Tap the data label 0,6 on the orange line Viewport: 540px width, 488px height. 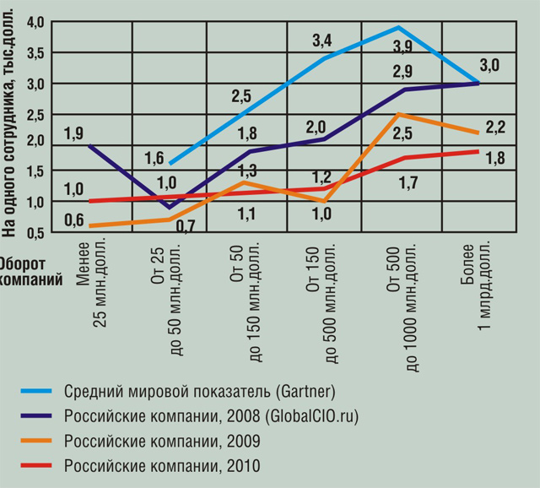[x=74, y=220]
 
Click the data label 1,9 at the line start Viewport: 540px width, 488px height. [x=74, y=133]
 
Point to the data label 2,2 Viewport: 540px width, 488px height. [x=495, y=127]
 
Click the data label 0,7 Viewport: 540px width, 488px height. [x=186, y=225]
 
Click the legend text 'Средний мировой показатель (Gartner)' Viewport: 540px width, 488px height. [x=199, y=391]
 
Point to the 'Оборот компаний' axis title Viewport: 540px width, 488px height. [x=31, y=272]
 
